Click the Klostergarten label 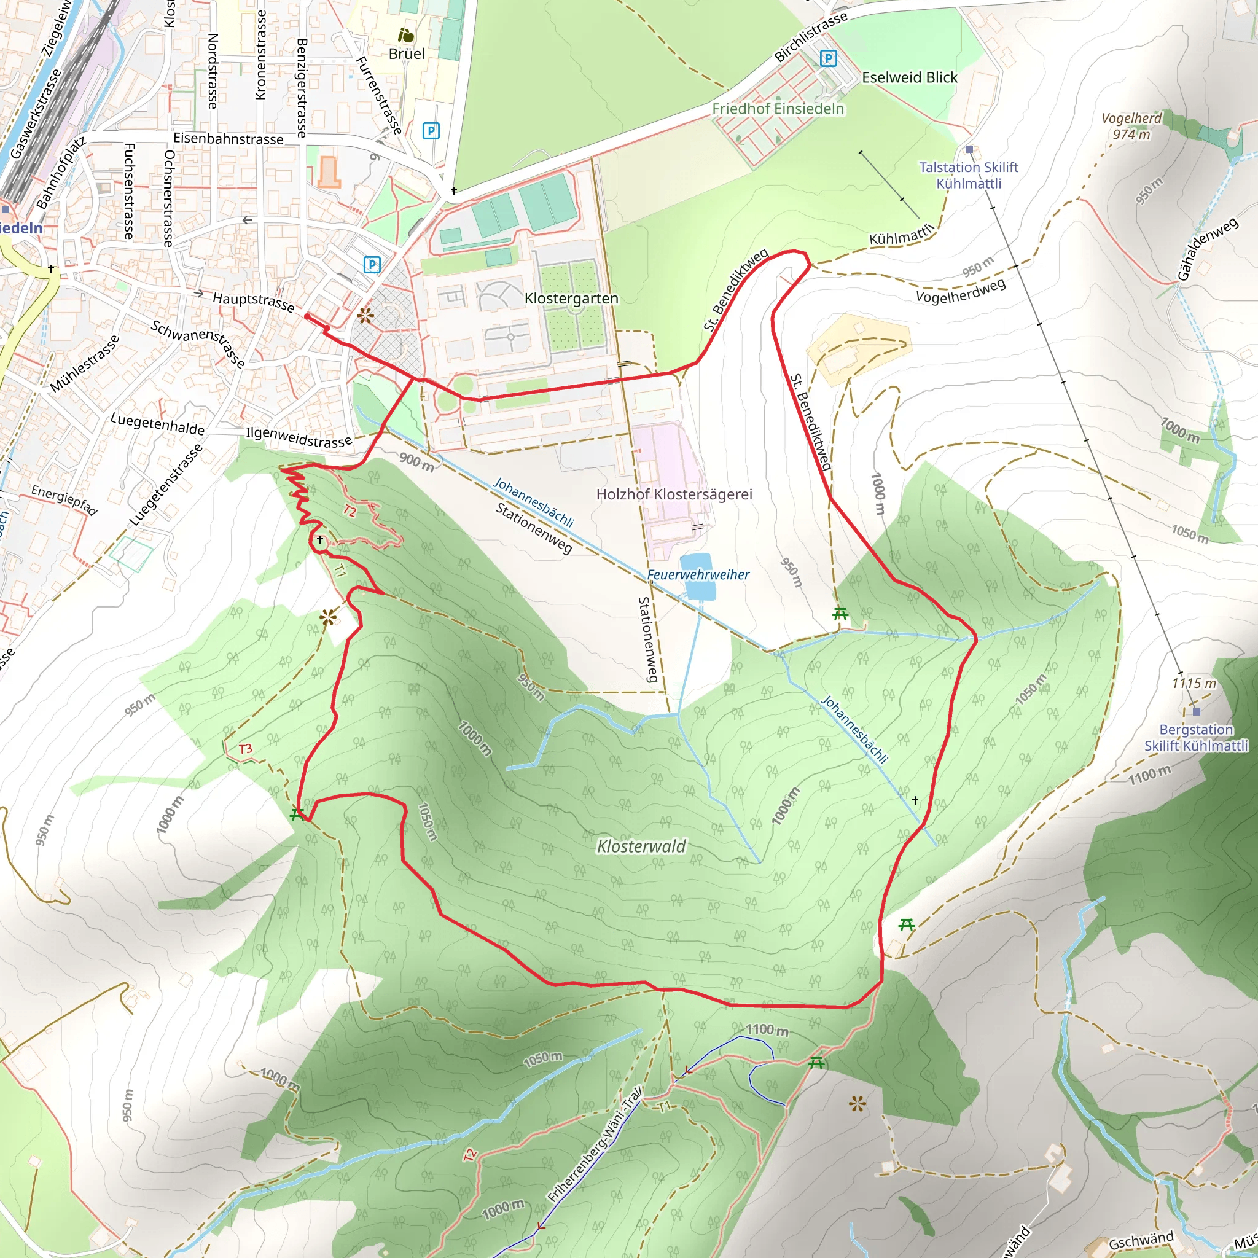(x=571, y=298)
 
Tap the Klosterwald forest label (x=641, y=846)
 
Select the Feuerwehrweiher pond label (x=698, y=574)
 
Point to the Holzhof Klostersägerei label (x=674, y=494)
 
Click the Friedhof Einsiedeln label (x=778, y=109)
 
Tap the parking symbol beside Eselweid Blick (x=827, y=58)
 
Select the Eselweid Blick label (x=909, y=77)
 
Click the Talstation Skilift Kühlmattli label (x=968, y=175)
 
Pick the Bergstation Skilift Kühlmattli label (x=1196, y=738)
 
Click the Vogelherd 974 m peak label (x=1131, y=127)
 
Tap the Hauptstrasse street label (x=253, y=301)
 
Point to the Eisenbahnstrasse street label (x=228, y=139)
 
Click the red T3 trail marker (x=245, y=749)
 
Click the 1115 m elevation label (x=1194, y=683)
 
